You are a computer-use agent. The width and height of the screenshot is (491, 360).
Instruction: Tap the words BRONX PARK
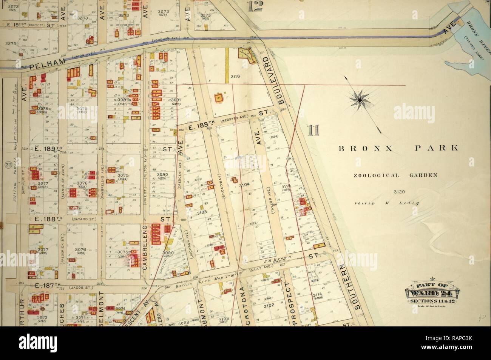(398, 148)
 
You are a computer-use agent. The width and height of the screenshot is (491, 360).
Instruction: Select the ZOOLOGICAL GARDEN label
(395, 175)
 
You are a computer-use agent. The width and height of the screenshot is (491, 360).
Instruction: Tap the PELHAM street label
(43, 66)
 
